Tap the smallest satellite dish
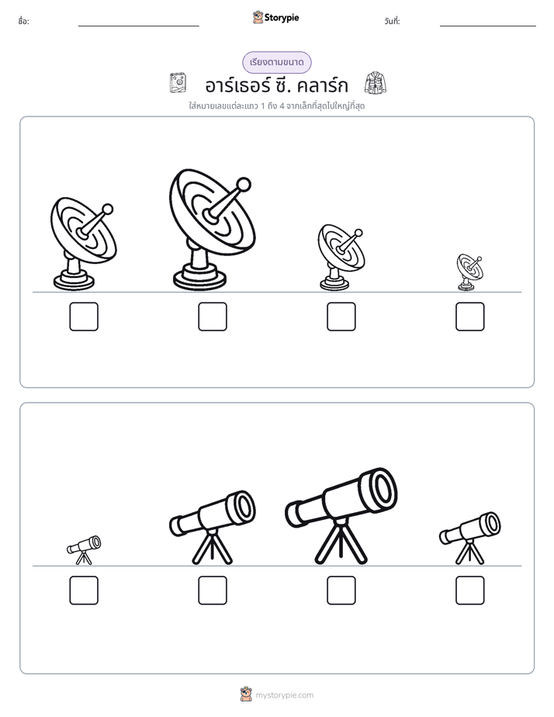[469, 272]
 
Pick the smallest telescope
[84, 550]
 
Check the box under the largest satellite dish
[213, 317]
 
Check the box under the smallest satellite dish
[470, 317]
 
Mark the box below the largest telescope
[341, 591]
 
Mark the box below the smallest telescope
[84, 591]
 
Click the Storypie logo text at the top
[282, 18]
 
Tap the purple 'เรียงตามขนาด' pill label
[277, 62]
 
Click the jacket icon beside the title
[376, 83]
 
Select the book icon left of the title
[178, 83]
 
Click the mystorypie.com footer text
[284, 695]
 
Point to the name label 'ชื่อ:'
[23, 21]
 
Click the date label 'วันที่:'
[392, 21]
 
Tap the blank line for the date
[488, 26]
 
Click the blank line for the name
[138, 26]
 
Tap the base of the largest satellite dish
[199, 277]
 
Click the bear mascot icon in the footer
[246, 694]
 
